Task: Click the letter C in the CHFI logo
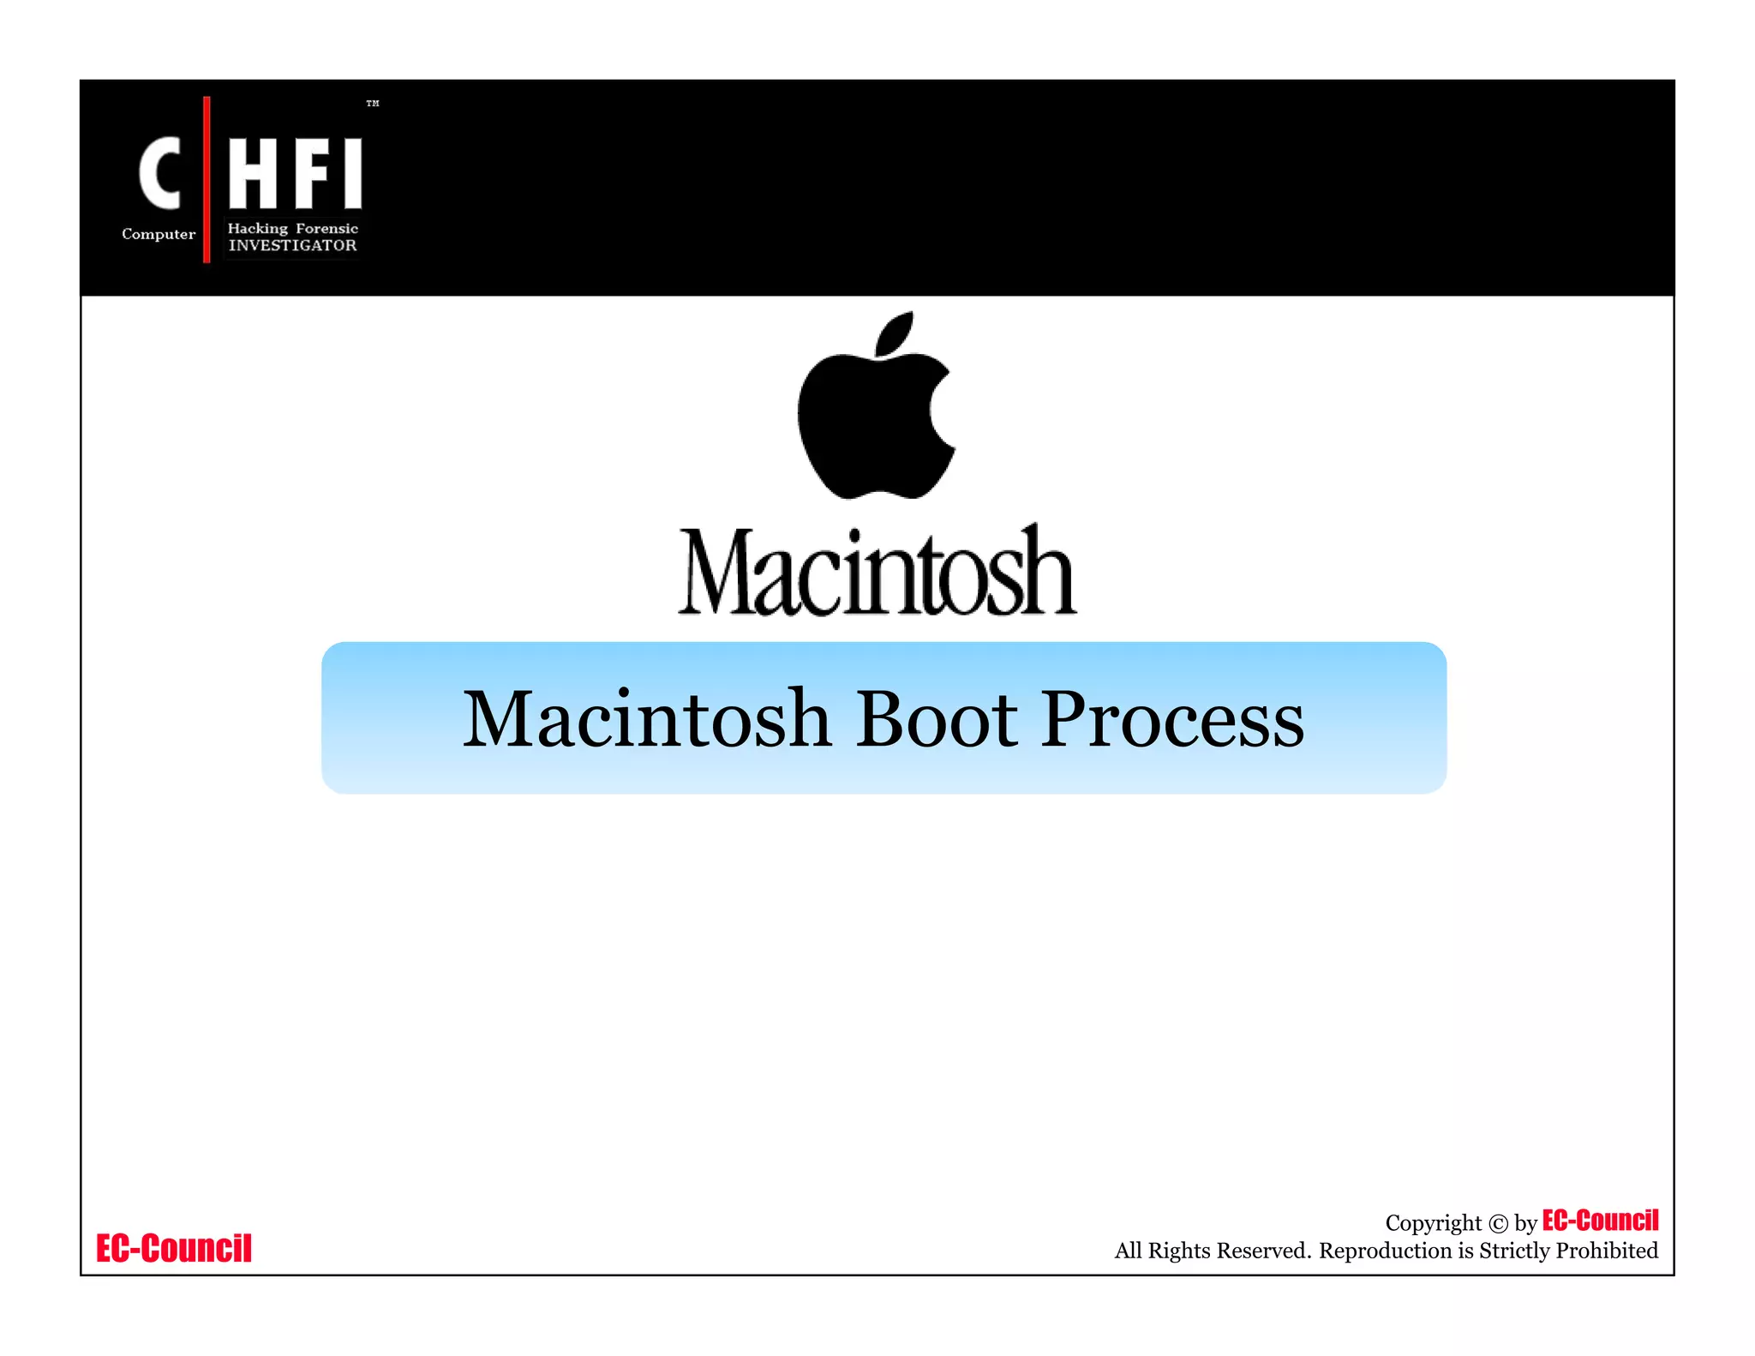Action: coord(160,173)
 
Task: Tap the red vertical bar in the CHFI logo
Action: coord(207,180)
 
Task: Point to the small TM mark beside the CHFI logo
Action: coord(373,104)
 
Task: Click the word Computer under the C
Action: coord(159,234)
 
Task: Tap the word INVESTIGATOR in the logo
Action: coord(292,246)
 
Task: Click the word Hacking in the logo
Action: coord(257,228)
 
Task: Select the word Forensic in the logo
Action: coord(326,228)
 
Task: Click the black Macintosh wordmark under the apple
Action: coord(877,572)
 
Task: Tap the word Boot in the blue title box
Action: coord(937,719)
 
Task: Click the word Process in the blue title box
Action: coord(1172,719)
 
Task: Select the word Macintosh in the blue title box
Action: coord(647,719)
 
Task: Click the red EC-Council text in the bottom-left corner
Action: coord(174,1249)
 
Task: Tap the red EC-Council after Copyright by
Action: coord(1600,1221)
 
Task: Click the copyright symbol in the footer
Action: coord(1498,1224)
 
